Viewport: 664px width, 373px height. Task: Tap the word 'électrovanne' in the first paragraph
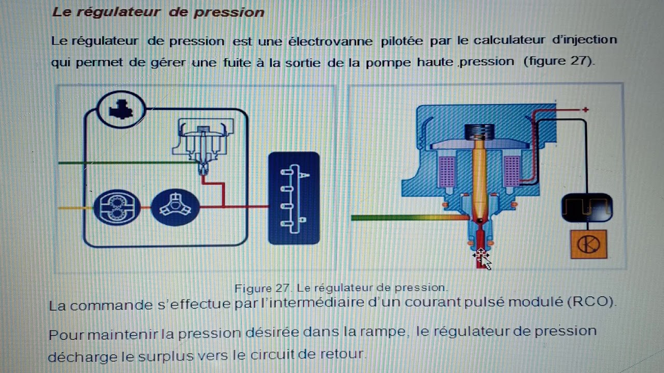tap(330, 40)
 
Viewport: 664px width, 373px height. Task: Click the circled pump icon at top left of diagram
tap(121, 109)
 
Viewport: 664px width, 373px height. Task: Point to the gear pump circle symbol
tap(117, 208)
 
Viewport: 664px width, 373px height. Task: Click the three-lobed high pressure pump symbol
tap(175, 207)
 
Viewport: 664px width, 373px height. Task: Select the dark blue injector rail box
tap(294, 198)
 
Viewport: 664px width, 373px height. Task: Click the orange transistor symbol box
tap(588, 244)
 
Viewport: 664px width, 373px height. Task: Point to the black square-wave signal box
tap(587, 208)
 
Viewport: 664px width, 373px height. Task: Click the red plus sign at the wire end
tap(586, 110)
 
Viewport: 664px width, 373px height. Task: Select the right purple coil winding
tap(511, 171)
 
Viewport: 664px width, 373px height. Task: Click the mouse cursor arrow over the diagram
tap(482, 258)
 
